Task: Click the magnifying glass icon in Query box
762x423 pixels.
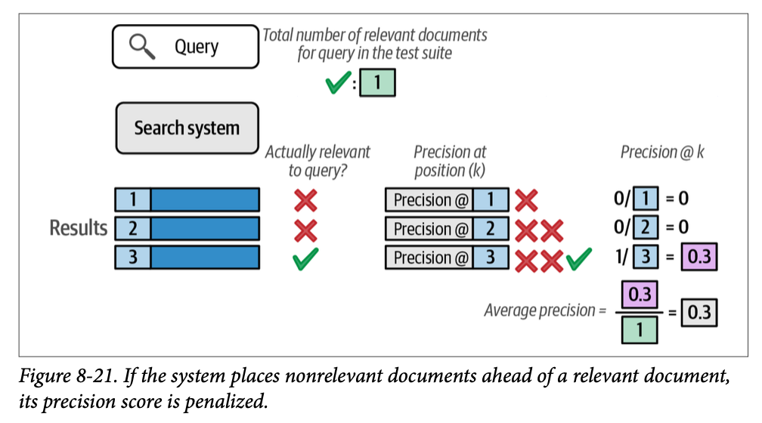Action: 141,47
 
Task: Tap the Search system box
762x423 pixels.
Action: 186,128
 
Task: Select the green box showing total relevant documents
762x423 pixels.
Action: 377,82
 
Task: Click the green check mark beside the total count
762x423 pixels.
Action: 336,82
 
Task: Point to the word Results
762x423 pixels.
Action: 79,228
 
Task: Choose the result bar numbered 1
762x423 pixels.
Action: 187,200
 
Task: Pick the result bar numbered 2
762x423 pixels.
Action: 187,228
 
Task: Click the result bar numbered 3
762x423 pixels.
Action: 187,257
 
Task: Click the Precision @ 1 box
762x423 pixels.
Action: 447,200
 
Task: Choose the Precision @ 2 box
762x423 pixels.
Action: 447,229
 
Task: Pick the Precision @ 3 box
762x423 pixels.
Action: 447,258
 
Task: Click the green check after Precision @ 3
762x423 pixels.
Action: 578,259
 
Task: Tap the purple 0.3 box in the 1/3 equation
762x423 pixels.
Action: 700,258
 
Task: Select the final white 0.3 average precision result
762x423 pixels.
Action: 700,311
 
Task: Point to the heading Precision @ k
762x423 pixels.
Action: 662,152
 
